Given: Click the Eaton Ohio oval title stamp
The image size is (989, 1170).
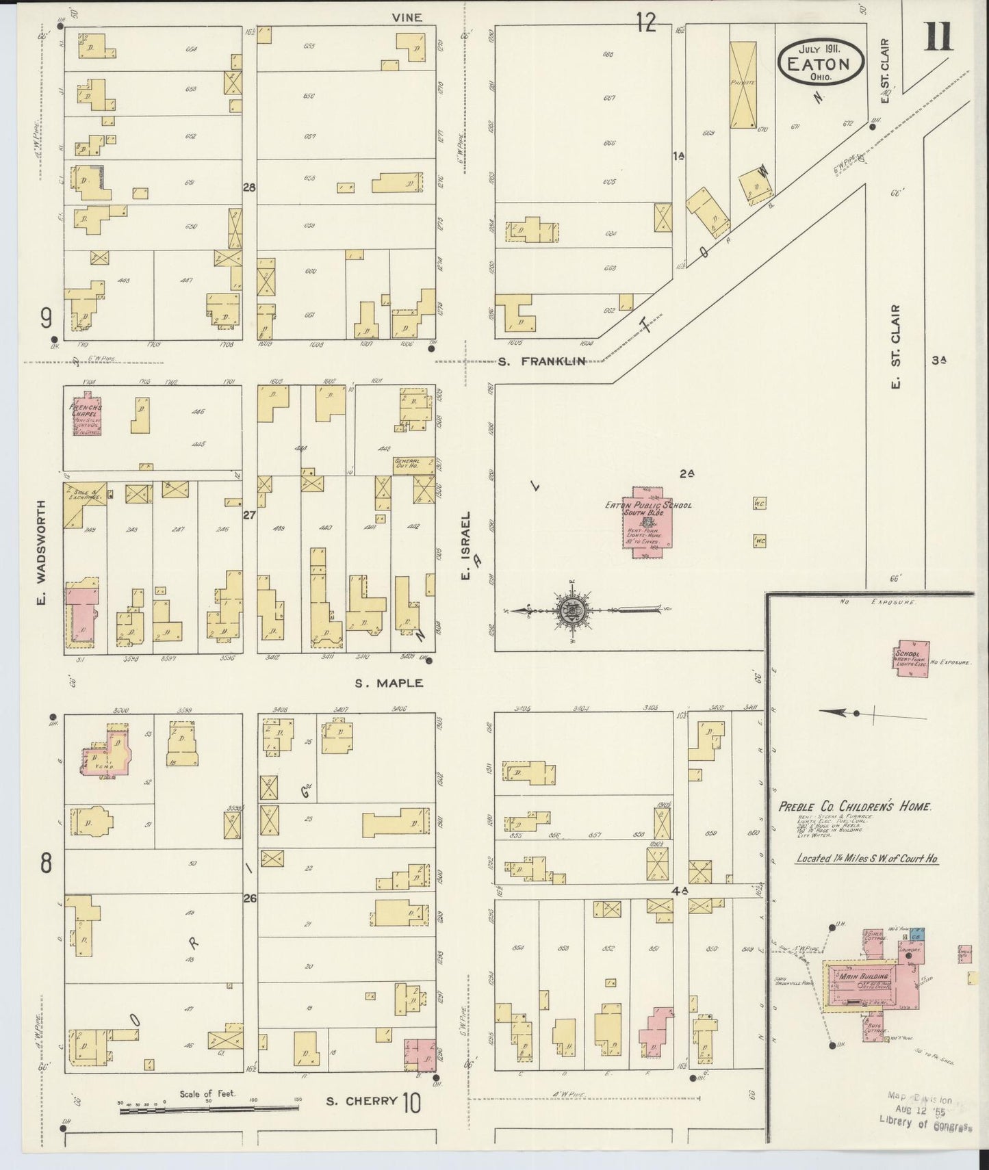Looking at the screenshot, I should click(x=821, y=62).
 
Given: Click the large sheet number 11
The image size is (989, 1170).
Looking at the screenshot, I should click(x=939, y=37).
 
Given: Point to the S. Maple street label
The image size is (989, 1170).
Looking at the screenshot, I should click(x=389, y=683).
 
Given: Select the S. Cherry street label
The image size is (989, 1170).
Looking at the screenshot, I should click(x=361, y=1101).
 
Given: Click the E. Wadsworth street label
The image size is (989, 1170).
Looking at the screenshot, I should click(x=41, y=553).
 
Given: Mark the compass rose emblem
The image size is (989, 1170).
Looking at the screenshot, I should click(x=571, y=610).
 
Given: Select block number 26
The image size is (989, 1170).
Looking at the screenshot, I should click(x=249, y=898).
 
